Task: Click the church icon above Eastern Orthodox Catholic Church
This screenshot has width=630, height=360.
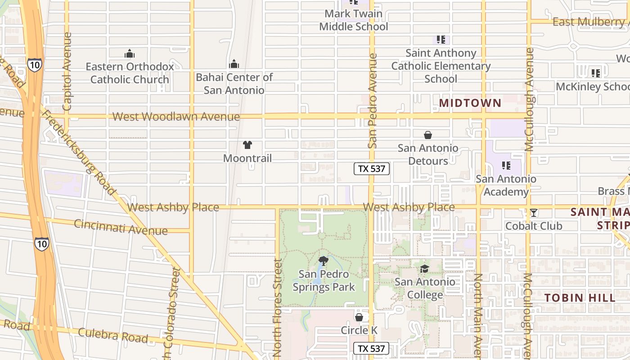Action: point(130,54)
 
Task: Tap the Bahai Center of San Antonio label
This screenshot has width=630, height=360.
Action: point(234,84)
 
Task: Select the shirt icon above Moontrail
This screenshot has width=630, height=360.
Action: point(247,145)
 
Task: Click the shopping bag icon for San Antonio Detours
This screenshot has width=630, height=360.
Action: point(427,135)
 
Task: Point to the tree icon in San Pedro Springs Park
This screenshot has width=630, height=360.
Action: point(323,261)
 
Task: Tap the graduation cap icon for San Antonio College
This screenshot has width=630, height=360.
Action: point(424,269)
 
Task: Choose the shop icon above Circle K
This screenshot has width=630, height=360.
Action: point(359,318)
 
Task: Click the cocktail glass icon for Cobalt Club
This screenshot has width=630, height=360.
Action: point(534,213)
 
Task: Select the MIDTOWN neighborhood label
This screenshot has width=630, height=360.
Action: point(470,103)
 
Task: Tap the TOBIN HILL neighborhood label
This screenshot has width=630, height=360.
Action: point(580,297)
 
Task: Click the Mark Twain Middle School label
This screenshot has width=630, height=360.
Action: point(354,20)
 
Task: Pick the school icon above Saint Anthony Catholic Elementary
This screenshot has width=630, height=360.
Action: point(441,40)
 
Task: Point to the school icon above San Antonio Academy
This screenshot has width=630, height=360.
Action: point(506,166)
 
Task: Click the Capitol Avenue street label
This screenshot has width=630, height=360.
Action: point(67,72)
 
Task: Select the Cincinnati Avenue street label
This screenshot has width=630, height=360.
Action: point(121,227)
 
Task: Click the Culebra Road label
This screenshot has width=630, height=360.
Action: point(112,335)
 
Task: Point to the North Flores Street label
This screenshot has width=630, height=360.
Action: point(278,308)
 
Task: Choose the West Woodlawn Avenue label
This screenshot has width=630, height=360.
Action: point(176,117)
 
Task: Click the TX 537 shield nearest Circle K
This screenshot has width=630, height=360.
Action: point(371,348)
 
